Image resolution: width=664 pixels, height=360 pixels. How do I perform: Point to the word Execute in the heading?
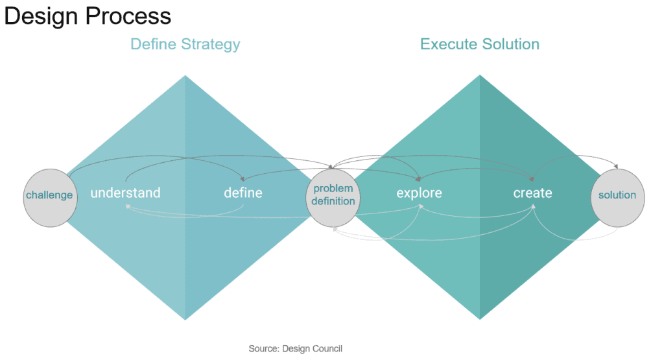tap(447, 44)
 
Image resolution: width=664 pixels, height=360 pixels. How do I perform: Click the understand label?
tap(125, 193)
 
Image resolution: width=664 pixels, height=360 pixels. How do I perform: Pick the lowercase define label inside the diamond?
tap(243, 193)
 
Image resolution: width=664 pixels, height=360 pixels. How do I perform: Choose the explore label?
tap(420, 193)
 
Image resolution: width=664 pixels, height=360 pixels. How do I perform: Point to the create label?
tap(533, 193)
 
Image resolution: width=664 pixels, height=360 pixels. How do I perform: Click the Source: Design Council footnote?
tap(295, 349)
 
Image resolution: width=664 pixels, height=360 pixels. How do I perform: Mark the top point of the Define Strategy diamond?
tap(185, 77)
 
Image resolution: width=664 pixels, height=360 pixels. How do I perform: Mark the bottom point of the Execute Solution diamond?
tap(480, 318)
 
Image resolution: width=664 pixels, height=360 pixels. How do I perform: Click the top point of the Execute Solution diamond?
tap(480, 76)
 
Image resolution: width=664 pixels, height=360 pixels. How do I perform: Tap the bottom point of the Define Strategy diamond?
tap(185, 318)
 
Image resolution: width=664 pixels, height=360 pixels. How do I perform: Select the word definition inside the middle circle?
tap(333, 201)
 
